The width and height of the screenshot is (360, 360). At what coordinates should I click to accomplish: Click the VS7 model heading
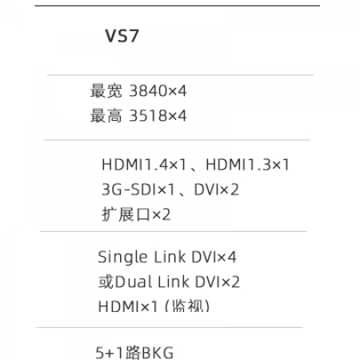[122, 36]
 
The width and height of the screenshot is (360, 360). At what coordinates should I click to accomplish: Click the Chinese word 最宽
[106, 91]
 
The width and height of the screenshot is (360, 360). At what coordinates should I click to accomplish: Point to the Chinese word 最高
[106, 116]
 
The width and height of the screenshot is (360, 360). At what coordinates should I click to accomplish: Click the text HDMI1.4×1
[144, 165]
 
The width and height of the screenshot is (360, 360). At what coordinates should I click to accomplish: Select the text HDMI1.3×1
[247, 165]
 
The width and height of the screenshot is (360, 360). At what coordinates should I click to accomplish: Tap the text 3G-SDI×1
[138, 190]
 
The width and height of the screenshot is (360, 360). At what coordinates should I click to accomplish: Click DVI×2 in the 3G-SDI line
[216, 190]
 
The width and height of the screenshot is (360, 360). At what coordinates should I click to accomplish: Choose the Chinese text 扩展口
[126, 214]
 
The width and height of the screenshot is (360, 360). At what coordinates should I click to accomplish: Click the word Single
[122, 258]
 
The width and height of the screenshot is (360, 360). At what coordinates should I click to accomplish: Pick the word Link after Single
[170, 257]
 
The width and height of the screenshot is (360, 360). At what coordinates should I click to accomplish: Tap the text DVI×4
[214, 257]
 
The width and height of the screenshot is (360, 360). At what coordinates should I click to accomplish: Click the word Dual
[134, 282]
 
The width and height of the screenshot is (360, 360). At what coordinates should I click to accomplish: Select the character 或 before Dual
[106, 282]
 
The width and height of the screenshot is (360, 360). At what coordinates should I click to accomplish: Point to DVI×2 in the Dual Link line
[218, 282]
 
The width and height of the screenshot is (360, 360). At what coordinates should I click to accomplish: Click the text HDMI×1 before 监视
[128, 306]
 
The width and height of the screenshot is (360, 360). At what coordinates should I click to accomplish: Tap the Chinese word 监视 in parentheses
[187, 306]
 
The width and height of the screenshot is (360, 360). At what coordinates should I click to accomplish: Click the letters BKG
[157, 353]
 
